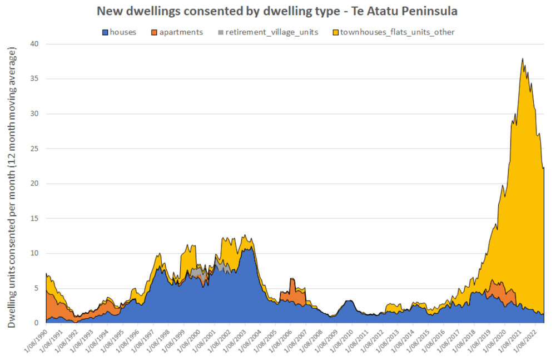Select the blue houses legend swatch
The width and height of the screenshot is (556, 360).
105,32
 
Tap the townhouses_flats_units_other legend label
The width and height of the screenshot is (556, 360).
397,32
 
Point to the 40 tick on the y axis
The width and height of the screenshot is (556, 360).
34,44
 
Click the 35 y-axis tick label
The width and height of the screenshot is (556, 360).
34,79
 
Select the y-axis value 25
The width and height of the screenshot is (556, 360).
34,149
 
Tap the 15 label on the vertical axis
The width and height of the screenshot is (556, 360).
34,219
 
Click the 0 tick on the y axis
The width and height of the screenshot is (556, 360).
37,323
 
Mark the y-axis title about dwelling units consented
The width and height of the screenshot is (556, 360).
12,186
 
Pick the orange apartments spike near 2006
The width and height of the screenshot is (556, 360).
292,284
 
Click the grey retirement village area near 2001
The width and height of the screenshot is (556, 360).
222,267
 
